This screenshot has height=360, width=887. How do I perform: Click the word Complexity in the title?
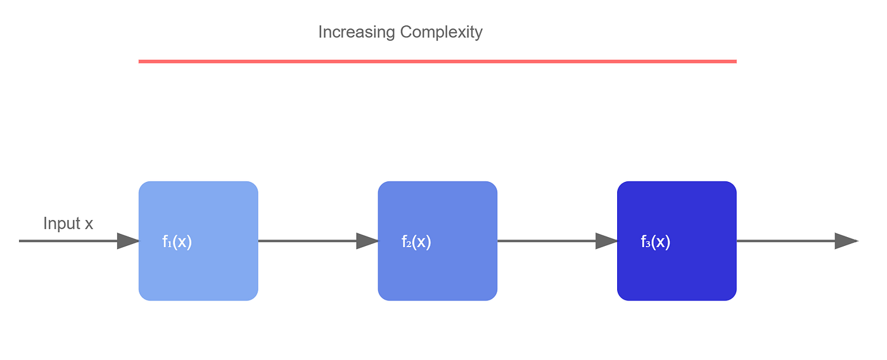(441, 32)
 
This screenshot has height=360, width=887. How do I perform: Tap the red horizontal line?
(438, 61)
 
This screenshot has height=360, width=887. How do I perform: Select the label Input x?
(68, 223)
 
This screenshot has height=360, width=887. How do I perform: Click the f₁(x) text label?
(177, 241)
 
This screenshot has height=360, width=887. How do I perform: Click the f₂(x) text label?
(416, 241)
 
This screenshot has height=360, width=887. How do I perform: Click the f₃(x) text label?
(655, 241)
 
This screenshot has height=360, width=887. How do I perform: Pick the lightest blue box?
(198, 241)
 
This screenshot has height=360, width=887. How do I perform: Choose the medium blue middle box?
(438, 241)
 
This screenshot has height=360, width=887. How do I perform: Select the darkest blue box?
(677, 241)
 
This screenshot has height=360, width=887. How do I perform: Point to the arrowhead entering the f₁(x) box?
(128, 241)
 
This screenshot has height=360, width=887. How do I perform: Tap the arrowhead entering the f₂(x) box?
(367, 241)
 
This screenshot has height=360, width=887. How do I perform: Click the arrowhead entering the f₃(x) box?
(607, 241)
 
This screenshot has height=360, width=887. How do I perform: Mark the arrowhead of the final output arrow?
(846, 241)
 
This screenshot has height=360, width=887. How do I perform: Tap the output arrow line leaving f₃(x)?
(797, 241)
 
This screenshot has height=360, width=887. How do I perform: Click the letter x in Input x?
(89, 225)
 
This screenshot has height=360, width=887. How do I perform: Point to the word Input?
(62, 223)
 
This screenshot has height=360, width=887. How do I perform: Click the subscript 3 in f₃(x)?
(648, 244)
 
